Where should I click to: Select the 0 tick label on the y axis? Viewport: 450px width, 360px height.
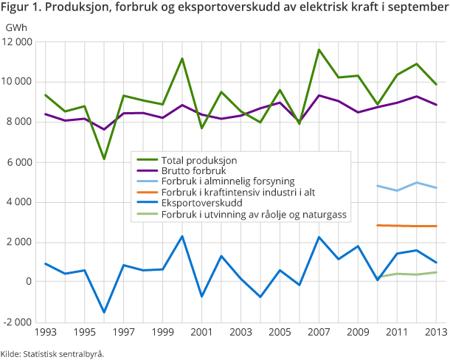click(29, 282)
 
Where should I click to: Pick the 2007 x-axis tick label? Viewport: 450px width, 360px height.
click(319, 333)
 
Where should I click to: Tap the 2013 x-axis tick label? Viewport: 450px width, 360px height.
click(436, 333)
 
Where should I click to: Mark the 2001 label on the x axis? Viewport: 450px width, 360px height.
click(201, 333)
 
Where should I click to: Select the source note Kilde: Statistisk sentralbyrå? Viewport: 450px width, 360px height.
click(52, 353)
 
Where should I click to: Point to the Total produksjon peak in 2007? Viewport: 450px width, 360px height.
click(319, 50)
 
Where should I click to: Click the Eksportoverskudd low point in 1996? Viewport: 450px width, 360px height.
click(104, 312)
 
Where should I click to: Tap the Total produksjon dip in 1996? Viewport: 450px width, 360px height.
click(104, 159)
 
